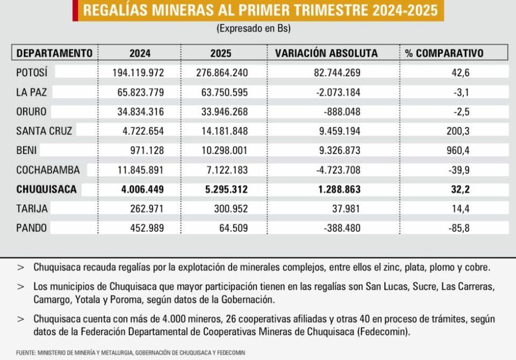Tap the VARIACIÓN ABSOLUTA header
pyautogui.click(x=326, y=53)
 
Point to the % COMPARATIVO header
pyautogui.click(x=449, y=53)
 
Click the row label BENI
pyautogui.click(x=27, y=150)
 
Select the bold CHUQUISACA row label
pyautogui.click(x=47, y=189)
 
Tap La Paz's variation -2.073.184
pyautogui.click(x=336, y=92)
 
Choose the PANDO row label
pyautogui.click(x=32, y=228)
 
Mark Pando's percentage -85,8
pyautogui.click(x=459, y=228)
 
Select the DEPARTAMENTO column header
pyautogui.click(x=54, y=53)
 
